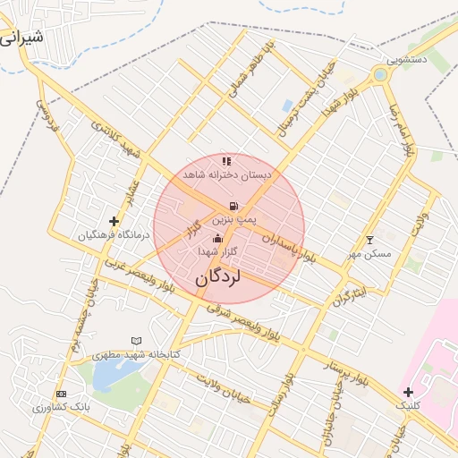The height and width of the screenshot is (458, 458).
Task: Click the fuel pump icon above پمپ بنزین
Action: (x=233, y=206)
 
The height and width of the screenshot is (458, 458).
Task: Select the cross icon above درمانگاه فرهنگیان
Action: (x=114, y=221)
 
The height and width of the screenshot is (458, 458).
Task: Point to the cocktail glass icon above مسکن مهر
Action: (x=370, y=240)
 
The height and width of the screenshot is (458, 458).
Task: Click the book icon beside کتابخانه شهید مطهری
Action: (x=136, y=341)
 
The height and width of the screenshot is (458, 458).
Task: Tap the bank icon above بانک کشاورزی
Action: (x=61, y=394)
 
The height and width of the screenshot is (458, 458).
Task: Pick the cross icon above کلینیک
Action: (x=408, y=392)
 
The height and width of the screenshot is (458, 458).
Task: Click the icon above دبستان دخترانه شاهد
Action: (x=226, y=162)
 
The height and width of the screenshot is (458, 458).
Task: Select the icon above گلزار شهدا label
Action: (x=217, y=239)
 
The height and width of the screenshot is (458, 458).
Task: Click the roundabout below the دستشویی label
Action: (x=382, y=75)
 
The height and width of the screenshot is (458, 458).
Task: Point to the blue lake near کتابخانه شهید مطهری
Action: (x=103, y=376)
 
